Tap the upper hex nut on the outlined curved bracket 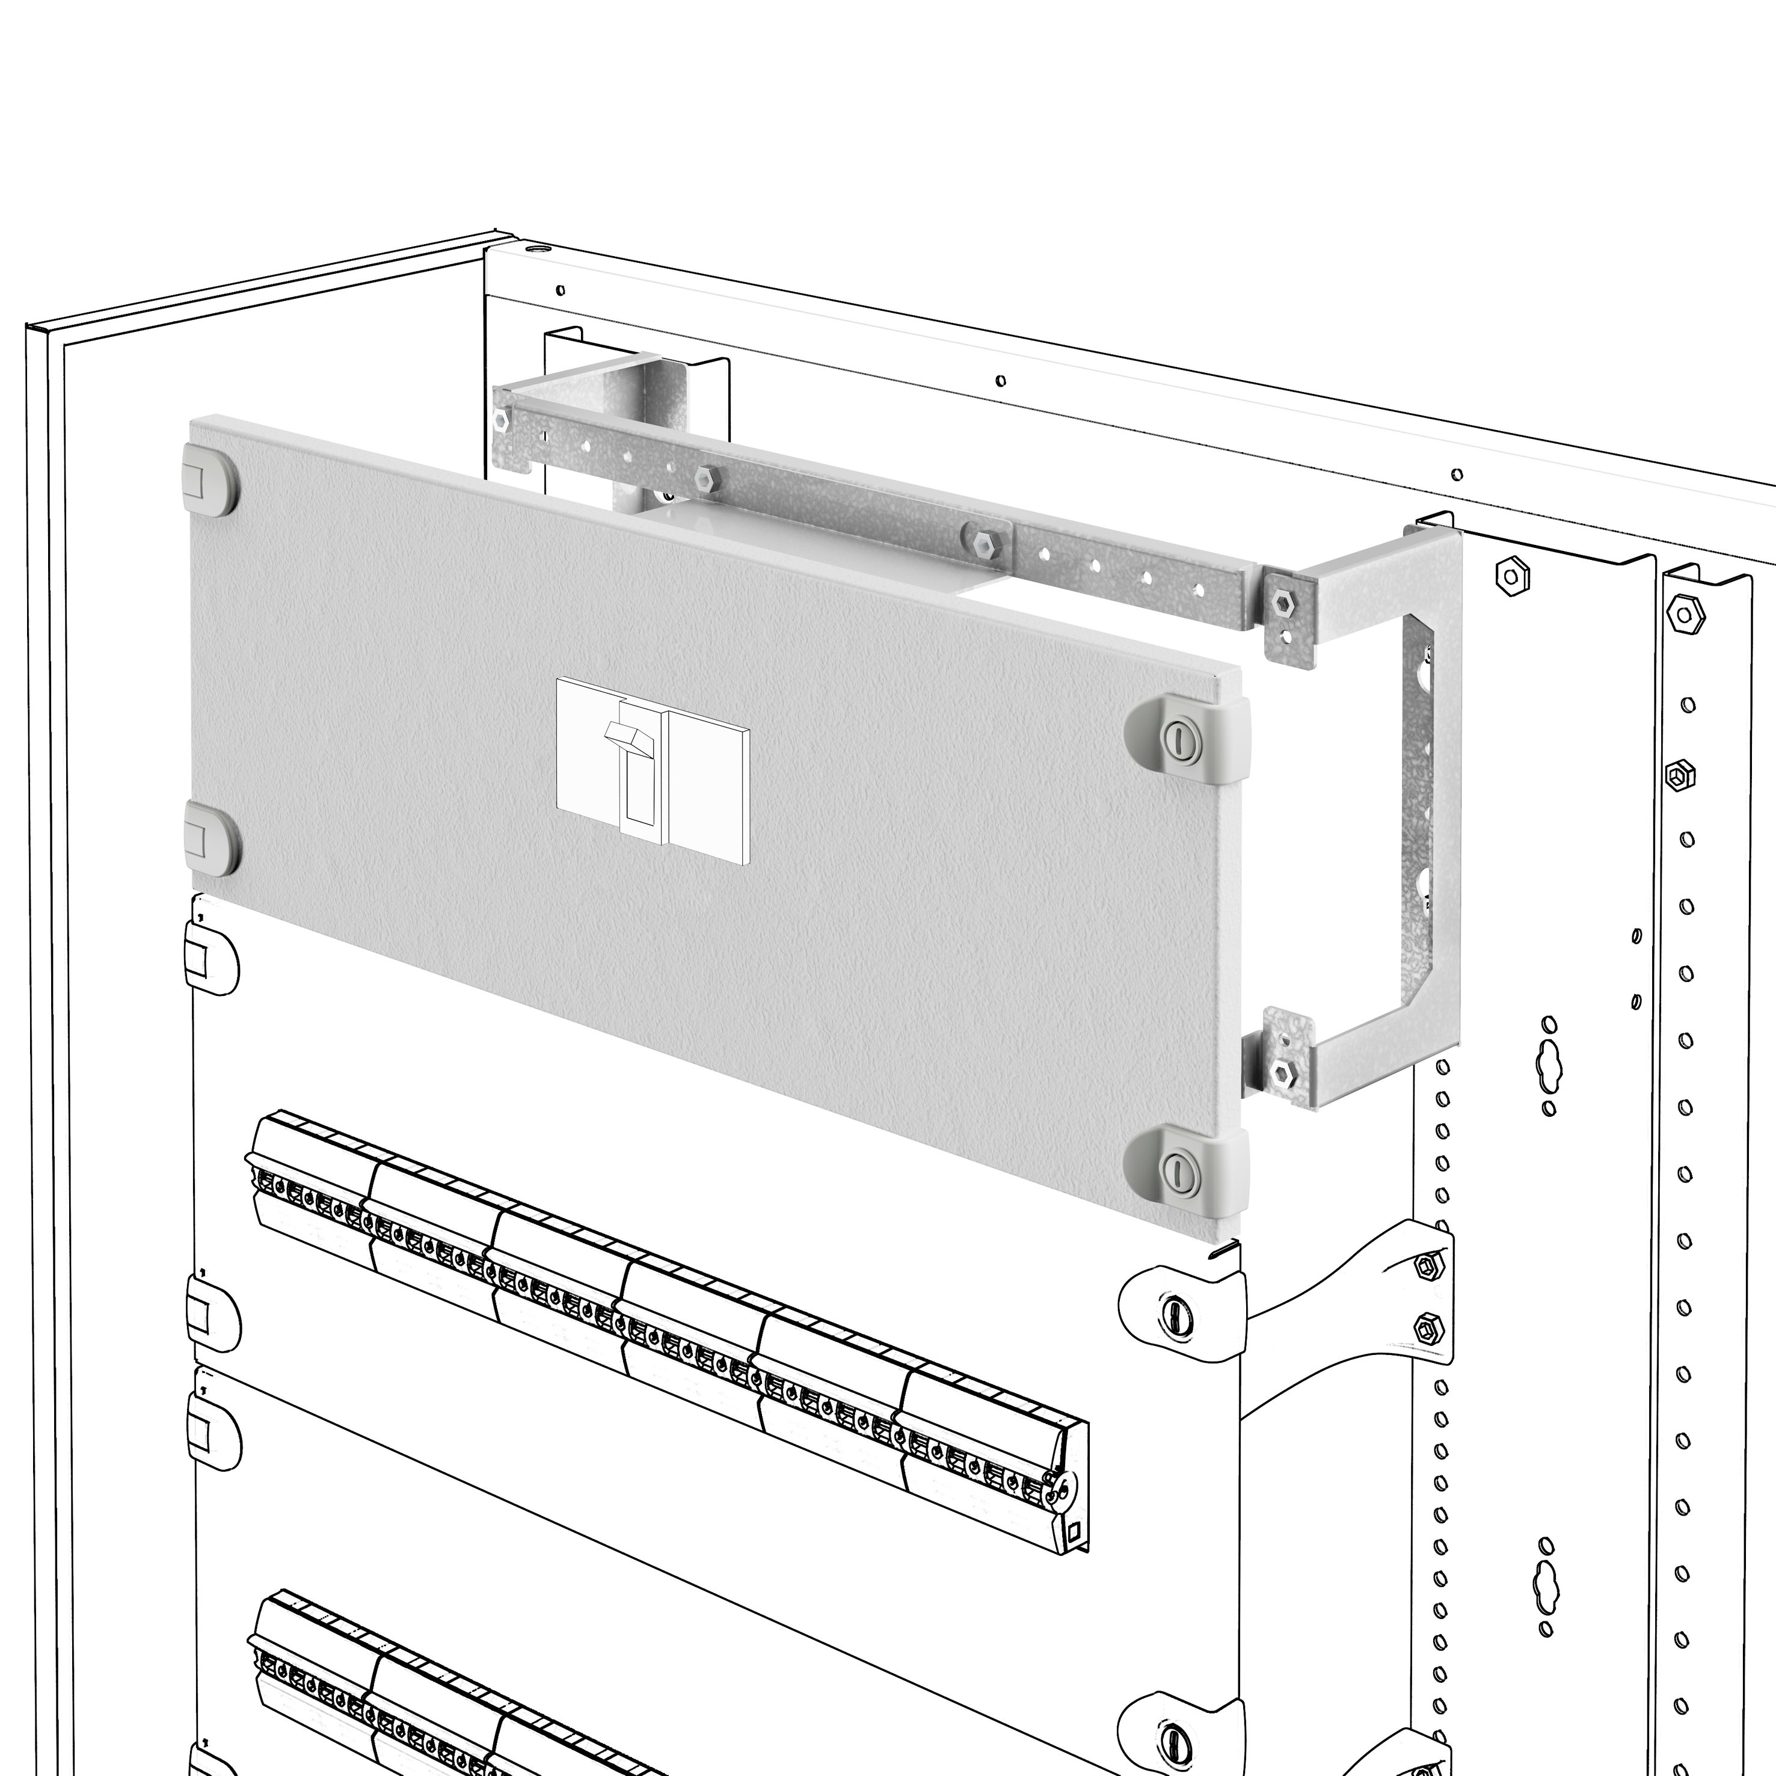coord(1426,1267)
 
